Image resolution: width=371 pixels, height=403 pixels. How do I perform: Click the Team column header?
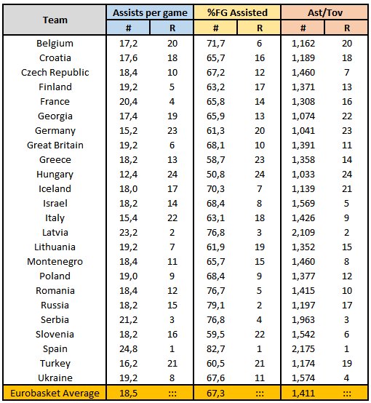pyautogui.click(x=55, y=20)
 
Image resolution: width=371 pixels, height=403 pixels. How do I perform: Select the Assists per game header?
pyautogui.click(x=150, y=13)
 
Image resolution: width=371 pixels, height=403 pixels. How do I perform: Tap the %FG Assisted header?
pyautogui.click(x=237, y=12)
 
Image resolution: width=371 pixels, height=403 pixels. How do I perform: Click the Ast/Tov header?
pyautogui.click(x=325, y=12)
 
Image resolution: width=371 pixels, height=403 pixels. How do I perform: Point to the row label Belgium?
pyautogui.click(x=55, y=43)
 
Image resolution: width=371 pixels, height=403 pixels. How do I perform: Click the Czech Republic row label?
pyautogui.click(x=55, y=73)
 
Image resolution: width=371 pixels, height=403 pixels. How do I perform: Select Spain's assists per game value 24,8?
pyautogui.click(x=128, y=348)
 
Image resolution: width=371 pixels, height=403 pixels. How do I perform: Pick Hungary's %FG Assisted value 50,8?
pyautogui.click(x=215, y=175)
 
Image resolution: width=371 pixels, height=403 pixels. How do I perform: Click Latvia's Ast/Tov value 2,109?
pyautogui.click(x=303, y=232)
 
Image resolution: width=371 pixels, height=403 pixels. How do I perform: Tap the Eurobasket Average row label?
pyautogui.click(x=55, y=393)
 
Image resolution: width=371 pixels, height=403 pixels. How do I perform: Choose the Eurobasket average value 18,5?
pyautogui.click(x=128, y=393)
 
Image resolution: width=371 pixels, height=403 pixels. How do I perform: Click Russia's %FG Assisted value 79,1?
pyautogui.click(x=215, y=305)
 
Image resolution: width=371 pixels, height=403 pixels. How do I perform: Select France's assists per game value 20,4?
pyautogui.click(x=128, y=102)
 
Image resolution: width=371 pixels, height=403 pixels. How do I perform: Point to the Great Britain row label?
pyautogui.click(x=55, y=145)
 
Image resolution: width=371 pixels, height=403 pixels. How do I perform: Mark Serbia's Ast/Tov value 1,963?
pyautogui.click(x=303, y=320)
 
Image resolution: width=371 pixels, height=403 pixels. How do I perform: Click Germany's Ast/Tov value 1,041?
pyautogui.click(x=303, y=130)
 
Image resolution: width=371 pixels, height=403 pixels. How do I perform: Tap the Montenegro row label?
pyautogui.click(x=55, y=262)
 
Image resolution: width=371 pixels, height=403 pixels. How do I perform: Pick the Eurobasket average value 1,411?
pyautogui.click(x=303, y=393)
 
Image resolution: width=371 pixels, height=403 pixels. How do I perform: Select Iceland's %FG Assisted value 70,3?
pyautogui.click(x=215, y=188)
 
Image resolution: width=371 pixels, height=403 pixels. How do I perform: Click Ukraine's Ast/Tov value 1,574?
pyautogui.click(x=303, y=378)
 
